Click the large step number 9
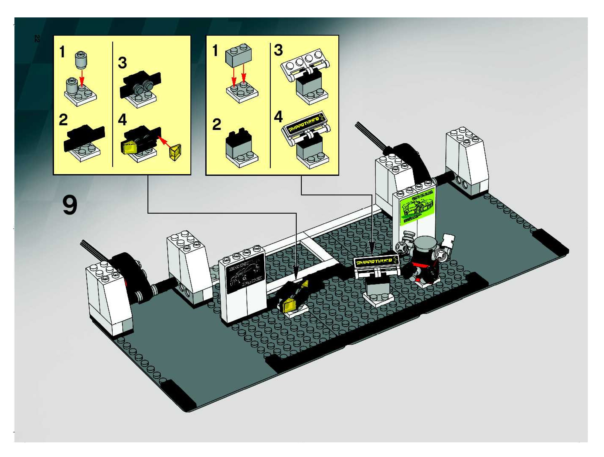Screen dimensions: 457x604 coord(70,205)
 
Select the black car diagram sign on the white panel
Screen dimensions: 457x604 coord(245,274)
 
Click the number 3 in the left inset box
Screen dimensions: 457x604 coord(122,62)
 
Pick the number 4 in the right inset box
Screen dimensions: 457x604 coord(278,117)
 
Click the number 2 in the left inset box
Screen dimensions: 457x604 coord(63,120)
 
